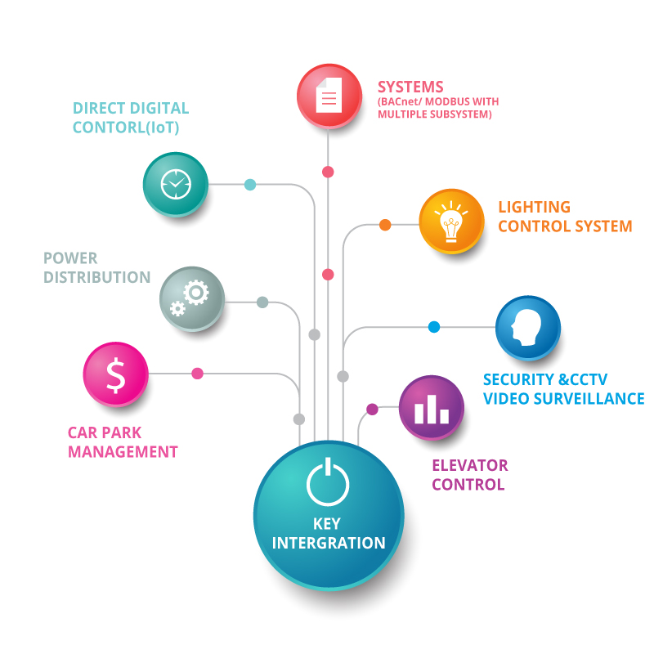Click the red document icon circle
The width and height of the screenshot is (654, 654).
[329, 96]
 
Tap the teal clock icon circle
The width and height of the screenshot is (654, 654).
[176, 185]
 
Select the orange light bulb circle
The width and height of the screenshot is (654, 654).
[451, 222]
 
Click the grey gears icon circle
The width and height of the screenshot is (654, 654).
[192, 298]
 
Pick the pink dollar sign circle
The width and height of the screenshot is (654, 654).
[115, 374]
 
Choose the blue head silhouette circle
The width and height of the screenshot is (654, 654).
[528, 328]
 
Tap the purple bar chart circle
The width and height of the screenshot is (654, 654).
[432, 407]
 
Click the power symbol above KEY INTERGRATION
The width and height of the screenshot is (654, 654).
[328, 481]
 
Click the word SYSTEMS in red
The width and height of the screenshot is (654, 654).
[410, 87]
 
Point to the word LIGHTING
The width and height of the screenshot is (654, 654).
[535, 207]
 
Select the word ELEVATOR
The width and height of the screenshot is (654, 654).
[470, 465]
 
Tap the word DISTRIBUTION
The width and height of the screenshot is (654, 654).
[97, 277]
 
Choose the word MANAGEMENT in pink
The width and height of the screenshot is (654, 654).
[123, 452]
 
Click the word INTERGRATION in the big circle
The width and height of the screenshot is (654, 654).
[329, 543]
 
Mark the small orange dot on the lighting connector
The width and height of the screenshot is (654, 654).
[385, 225]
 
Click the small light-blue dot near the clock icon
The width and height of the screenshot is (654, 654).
[250, 185]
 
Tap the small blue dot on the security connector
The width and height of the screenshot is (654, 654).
[434, 327]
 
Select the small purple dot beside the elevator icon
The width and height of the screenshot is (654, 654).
[373, 410]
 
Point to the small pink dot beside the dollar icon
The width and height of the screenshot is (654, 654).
[197, 374]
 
